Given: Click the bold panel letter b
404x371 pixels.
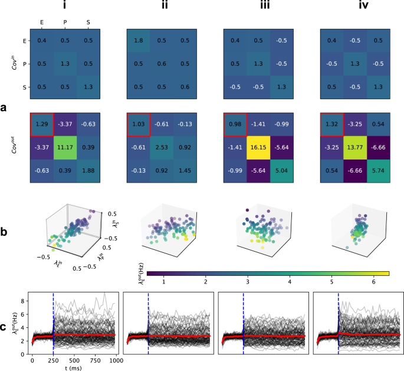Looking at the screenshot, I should [x=5, y=232].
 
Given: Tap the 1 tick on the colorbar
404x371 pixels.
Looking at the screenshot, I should [x=163, y=283].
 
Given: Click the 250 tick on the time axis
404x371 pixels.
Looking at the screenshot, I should [x=53, y=360].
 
